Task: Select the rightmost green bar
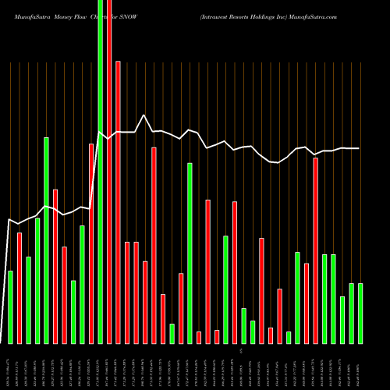click(360, 313)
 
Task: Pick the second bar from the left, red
click(19, 288)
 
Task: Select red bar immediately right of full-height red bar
click(119, 202)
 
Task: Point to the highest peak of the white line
click(144, 115)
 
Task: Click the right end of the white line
click(360, 148)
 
